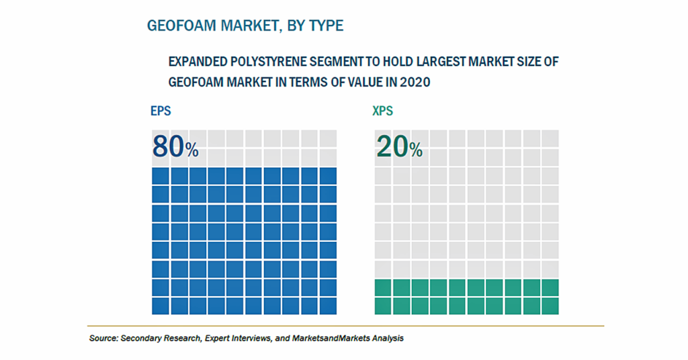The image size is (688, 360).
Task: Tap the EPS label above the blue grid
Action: [x=161, y=111]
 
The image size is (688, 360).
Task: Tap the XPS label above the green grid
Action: [x=382, y=111]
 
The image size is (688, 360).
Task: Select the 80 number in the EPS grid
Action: [x=168, y=146]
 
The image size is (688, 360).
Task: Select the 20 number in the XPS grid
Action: [x=392, y=146]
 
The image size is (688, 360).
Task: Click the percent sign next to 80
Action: [x=191, y=150]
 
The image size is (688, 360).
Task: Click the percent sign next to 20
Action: [x=416, y=150]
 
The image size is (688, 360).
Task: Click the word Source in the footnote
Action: [x=103, y=339]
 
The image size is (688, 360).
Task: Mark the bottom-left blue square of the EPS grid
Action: [x=161, y=306]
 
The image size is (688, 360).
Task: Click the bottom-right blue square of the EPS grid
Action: [x=328, y=306]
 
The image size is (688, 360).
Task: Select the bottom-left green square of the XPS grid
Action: [x=382, y=306]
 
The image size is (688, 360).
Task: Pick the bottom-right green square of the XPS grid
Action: [x=550, y=306]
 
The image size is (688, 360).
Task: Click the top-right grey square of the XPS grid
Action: [x=550, y=138]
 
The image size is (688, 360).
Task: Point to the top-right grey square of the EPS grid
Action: [x=328, y=138]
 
